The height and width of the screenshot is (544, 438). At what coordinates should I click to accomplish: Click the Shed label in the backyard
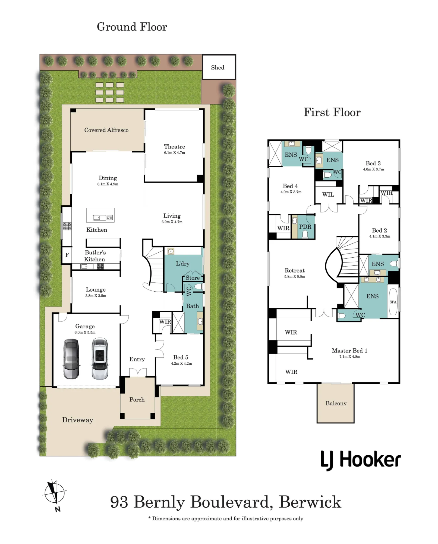[218, 67]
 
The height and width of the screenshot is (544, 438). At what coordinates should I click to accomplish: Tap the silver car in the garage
[71, 359]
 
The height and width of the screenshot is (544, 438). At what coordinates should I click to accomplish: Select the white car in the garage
[100, 359]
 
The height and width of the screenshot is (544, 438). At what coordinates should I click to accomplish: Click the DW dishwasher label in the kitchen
[109, 218]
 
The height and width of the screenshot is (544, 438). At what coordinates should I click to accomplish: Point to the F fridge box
[67, 255]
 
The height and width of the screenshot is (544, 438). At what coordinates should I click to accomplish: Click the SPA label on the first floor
[393, 302]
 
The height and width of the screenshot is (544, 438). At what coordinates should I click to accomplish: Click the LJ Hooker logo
[361, 460]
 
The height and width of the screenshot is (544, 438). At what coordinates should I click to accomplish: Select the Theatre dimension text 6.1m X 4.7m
[174, 153]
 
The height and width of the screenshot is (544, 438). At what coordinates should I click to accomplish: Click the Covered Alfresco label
[106, 130]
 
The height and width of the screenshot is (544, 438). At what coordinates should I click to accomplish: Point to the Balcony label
[336, 403]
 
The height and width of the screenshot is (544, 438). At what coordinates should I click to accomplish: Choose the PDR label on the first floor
[305, 227]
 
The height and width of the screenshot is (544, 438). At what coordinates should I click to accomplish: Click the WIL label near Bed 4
[328, 194]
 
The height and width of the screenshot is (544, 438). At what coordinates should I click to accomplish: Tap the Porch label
[137, 400]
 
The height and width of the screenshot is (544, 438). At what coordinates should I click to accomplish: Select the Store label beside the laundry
[193, 278]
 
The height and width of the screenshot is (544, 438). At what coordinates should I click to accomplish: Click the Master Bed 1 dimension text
[350, 357]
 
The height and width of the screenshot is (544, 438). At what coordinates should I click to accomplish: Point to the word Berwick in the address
[310, 502]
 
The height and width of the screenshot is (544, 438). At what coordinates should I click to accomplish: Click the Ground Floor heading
[132, 27]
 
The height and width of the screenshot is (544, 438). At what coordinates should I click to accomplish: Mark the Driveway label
[78, 420]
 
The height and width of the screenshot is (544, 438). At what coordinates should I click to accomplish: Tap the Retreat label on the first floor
[295, 270]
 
